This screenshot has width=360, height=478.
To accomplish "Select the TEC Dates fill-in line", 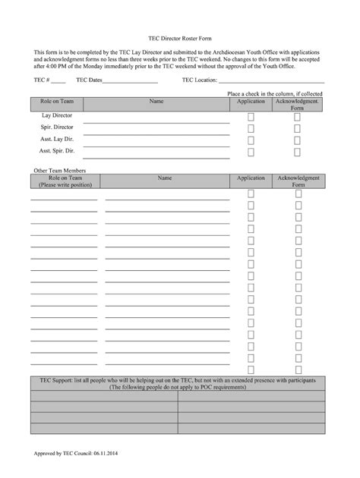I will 130,80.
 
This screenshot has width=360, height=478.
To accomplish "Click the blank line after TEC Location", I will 272,80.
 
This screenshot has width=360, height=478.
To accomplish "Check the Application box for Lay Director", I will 251,117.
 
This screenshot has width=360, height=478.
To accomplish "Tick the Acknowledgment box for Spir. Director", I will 298,129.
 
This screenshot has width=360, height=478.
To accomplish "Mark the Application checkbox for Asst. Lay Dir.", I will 251,141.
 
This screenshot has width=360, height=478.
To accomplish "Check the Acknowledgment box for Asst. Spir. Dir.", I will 298,153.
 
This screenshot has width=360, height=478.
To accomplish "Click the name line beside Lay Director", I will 156,121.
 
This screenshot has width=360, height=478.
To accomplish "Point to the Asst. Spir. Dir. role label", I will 57,152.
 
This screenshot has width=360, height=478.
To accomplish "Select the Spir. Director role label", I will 57,127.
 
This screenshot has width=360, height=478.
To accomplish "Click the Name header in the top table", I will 156,101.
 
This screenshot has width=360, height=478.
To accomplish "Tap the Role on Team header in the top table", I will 57,101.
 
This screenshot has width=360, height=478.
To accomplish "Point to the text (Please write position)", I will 65,184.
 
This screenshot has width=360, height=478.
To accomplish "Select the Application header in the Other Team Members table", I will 251,178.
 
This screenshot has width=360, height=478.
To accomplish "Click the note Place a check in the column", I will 276,93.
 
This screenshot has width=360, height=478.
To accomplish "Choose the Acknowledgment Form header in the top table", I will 298,104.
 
